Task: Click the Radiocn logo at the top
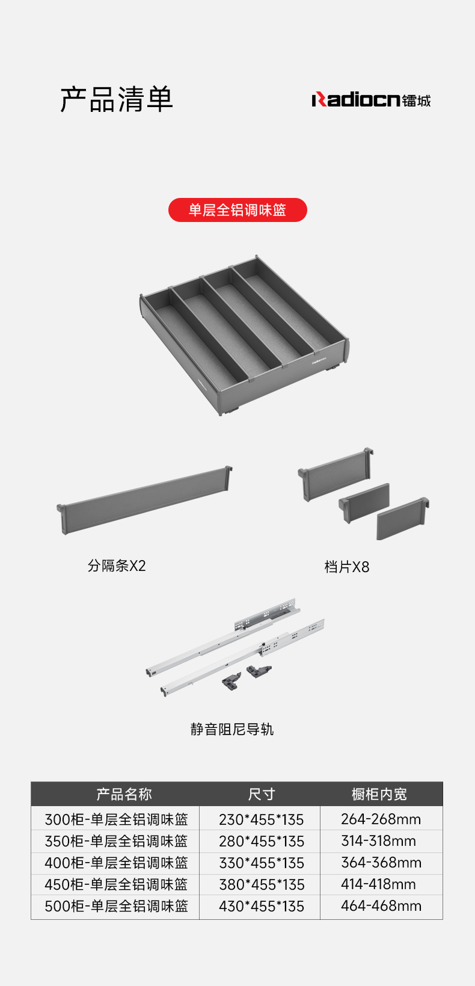pyautogui.click(x=371, y=99)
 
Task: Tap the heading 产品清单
pyautogui.click(x=117, y=99)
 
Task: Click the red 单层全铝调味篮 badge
pyautogui.click(x=237, y=210)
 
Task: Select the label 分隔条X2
pyautogui.click(x=117, y=565)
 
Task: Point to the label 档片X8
pyautogui.click(x=346, y=567)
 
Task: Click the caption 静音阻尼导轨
pyautogui.click(x=231, y=729)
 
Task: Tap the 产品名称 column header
pyautogui.click(x=124, y=795)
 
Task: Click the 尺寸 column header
pyautogui.click(x=261, y=795)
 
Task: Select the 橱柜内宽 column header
pyautogui.click(x=379, y=795)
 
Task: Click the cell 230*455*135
pyautogui.click(x=261, y=819)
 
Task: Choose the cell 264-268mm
pyautogui.click(x=381, y=819)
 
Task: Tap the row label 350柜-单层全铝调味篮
pyautogui.click(x=116, y=841)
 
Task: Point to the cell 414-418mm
pyautogui.click(x=378, y=884)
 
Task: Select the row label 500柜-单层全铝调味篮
pyautogui.click(x=116, y=907)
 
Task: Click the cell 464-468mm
pyautogui.click(x=381, y=906)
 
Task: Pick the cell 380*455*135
pyautogui.click(x=262, y=885)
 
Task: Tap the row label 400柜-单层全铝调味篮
pyautogui.click(x=116, y=863)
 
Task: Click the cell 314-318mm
pyautogui.click(x=378, y=841)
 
